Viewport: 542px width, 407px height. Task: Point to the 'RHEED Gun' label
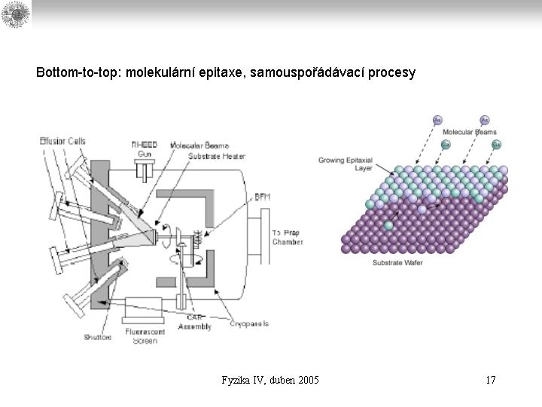click(x=144, y=148)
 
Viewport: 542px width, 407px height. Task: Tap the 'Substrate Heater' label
click(x=212, y=156)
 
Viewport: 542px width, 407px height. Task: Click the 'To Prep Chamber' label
click(x=288, y=237)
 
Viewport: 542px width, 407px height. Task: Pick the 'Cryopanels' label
click(x=250, y=323)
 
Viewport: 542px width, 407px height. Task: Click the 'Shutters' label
click(x=98, y=337)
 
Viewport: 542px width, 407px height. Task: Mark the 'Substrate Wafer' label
click(x=397, y=262)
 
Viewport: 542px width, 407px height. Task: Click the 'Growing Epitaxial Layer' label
click(x=346, y=164)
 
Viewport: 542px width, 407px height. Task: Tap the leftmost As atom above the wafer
click(x=438, y=120)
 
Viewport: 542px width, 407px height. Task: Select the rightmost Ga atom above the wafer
click(x=495, y=144)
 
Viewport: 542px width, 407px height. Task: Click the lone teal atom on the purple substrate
click(x=388, y=225)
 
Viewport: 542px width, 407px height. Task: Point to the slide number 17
click(x=490, y=380)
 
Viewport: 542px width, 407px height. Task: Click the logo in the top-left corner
click(x=15, y=14)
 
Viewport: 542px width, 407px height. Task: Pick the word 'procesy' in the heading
click(x=391, y=73)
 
